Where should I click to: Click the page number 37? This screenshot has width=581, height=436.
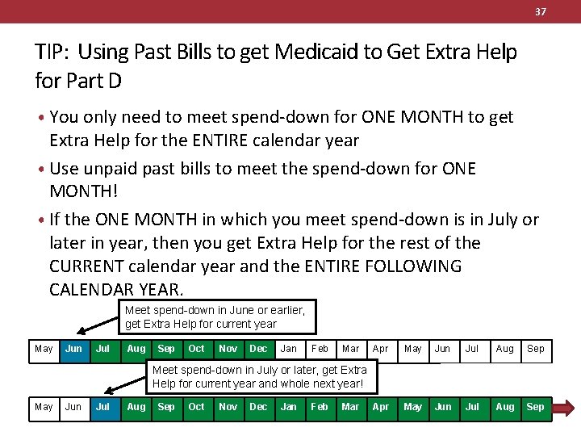pyautogui.click(x=540, y=11)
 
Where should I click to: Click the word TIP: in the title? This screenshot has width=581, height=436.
pyautogui.click(x=54, y=52)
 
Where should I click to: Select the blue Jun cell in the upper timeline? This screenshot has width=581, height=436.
pyautogui.click(x=73, y=350)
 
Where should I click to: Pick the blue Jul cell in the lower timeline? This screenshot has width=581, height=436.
pyautogui.click(x=103, y=407)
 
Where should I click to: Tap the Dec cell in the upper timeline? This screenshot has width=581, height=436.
pyautogui.click(x=258, y=350)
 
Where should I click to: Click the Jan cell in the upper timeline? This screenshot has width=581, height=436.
pyautogui.click(x=288, y=350)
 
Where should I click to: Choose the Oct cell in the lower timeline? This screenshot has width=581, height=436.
pyautogui.click(x=196, y=407)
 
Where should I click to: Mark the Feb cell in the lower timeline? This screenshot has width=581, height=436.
pyautogui.click(x=320, y=407)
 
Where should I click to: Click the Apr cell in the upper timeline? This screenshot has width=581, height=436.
pyautogui.click(x=381, y=350)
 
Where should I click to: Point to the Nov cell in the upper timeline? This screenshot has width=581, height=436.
pyautogui.click(x=228, y=350)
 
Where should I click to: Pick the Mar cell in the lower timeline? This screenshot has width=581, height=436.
pyautogui.click(x=350, y=407)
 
